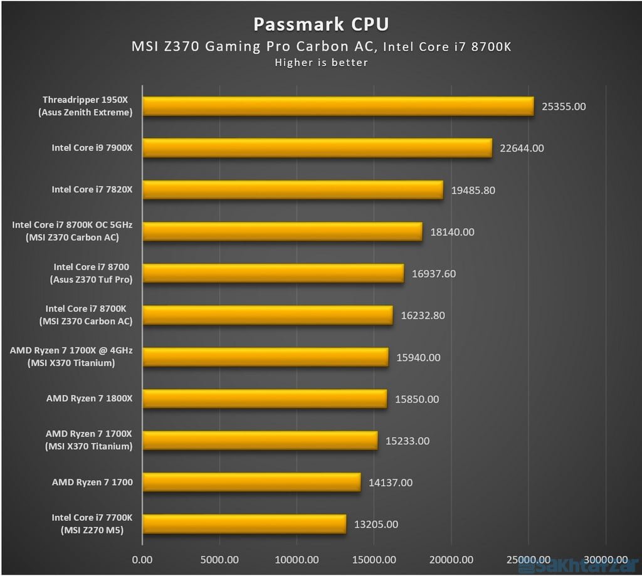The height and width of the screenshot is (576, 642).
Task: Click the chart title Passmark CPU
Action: pos(320,24)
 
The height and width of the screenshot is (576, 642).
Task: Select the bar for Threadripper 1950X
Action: pos(338,107)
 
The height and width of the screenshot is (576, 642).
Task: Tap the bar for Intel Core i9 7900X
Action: pos(317,149)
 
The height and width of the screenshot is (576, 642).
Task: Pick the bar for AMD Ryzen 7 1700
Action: pos(251,483)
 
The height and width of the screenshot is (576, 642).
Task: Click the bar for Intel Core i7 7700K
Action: pos(244,524)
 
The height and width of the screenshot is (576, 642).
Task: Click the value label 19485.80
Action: pos(473,190)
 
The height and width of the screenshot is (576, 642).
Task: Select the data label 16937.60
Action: pos(433,273)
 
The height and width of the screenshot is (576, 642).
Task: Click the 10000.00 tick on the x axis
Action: pos(296,559)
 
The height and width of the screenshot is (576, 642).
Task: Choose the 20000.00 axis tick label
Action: pos(450,559)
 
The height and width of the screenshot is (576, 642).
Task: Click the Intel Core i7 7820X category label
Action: pos(92,190)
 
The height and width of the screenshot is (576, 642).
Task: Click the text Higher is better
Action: pos(320,63)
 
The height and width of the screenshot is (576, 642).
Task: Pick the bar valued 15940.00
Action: pos(265,357)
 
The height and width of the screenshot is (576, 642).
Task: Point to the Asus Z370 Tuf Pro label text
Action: pos(91,280)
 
